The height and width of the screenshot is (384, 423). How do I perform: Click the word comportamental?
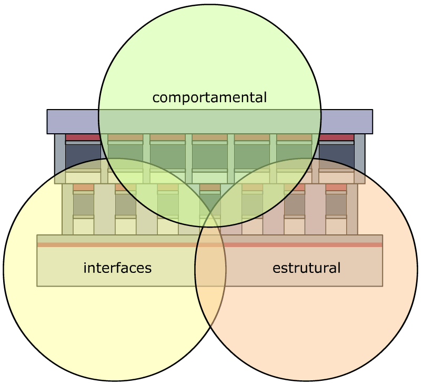pos(209,97)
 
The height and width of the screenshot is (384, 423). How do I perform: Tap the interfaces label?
pos(117,268)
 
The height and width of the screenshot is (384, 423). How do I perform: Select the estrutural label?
pos(306,268)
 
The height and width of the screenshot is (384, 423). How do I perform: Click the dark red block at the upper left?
pos(82,137)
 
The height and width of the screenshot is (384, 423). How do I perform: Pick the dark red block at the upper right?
pos(337,137)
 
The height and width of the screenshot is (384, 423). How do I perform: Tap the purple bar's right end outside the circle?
pos(347,122)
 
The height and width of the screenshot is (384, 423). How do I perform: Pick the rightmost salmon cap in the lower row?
pos(336,187)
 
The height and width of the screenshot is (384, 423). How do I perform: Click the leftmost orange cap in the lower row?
pos(83,187)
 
